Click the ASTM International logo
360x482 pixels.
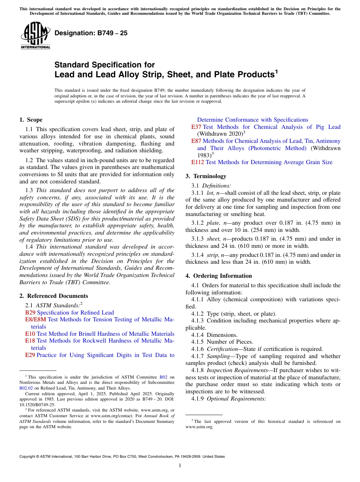[x=35, y=36]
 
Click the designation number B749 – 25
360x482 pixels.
[x=91, y=33]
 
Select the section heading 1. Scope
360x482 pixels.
[x=31, y=120]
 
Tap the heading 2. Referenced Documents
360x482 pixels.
[x=53, y=296]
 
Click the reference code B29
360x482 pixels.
[x=30, y=313]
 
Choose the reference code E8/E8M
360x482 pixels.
[x=36, y=319]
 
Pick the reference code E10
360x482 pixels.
[x=30, y=334]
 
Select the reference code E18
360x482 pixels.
[x=30, y=341]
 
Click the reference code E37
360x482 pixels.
[x=196, y=127]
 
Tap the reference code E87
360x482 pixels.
[x=196, y=141]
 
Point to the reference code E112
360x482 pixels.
[x=197, y=162]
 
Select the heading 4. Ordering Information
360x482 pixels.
[x=219, y=276]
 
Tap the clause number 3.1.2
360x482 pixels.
[x=198, y=222]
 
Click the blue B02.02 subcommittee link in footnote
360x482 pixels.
[x=26, y=388]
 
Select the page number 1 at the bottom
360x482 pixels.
[x=180, y=466]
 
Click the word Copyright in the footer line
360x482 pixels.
[x=28, y=457]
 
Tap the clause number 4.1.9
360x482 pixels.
[x=198, y=399]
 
